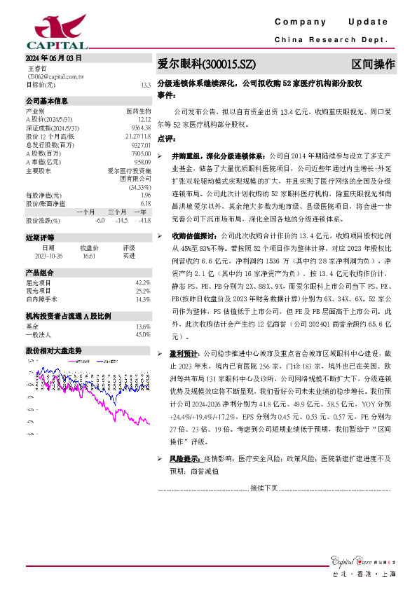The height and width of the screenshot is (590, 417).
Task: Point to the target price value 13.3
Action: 145,85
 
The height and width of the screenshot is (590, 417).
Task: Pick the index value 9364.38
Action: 142,127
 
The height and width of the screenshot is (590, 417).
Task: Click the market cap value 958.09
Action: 143,162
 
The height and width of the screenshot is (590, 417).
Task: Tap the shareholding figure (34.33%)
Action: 139,187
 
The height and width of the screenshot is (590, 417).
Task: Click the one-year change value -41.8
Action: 145,221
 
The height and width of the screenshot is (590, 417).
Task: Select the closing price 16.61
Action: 88,256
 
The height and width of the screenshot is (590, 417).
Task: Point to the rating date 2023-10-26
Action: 48,256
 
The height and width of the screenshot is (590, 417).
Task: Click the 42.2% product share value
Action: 143,282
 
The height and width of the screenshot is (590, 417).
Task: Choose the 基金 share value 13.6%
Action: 143,327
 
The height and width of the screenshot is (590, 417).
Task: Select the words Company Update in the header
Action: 336,22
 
